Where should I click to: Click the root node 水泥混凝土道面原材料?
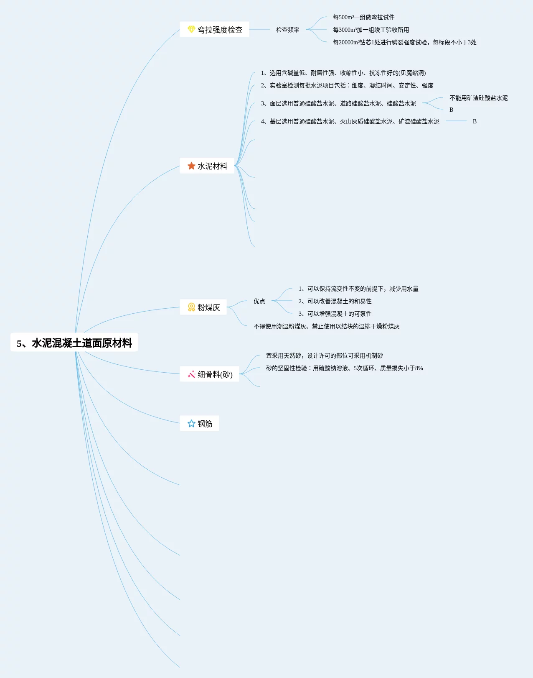coord(74,343)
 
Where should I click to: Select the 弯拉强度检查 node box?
coord(214,30)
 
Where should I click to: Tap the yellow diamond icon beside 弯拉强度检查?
coord(191,29)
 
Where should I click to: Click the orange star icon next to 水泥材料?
coord(191,166)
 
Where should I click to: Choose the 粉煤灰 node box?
coord(203,307)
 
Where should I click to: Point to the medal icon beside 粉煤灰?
coord(191,307)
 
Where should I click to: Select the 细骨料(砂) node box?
coord(209,374)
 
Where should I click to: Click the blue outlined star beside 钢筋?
coord(191,424)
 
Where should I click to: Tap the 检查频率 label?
coord(287,30)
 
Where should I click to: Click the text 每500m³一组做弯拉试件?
coord(363,17)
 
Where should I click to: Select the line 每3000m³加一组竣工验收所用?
coord(371,30)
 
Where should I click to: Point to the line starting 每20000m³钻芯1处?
coord(404,42)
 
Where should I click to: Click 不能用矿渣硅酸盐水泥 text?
coord(478,98)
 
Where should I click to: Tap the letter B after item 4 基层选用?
coord(475,121)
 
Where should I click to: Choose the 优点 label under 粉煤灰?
coord(259,301)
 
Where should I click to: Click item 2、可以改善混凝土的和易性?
coord(335,301)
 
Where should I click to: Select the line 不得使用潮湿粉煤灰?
coord(326,326)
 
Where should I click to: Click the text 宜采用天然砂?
coord(324,356)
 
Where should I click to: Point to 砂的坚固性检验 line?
coord(344,368)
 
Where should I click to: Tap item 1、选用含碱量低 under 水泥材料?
coord(343,73)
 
